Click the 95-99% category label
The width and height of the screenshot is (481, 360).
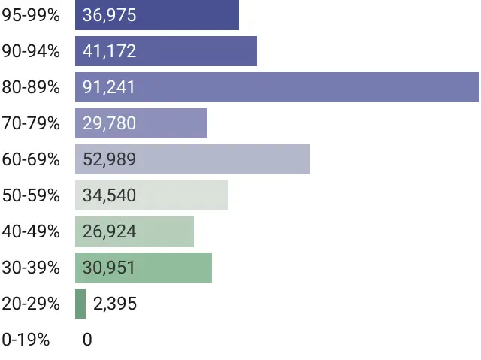pyautogui.click(x=31, y=15)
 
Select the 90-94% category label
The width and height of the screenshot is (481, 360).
pyautogui.click(x=31, y=51)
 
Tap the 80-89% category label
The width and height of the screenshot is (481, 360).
pyautogui.click(x=31, y=87)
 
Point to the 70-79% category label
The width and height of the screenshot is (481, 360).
pyautogui.click(x=31, y=123)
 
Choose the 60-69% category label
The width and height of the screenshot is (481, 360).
pyautogui.click(x=31, y=159)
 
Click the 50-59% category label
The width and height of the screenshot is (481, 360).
pyautogui.click(x=31, y=195)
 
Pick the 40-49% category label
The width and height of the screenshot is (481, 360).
pyautogui.click(x=31, y=231)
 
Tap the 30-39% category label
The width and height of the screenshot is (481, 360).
pyautogui.click(x=31, y=268)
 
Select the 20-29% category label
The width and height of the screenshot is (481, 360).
pyautogui.click(x=31, y=304)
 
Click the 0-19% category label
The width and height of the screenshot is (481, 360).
pyautogui.click(x=26, y=340)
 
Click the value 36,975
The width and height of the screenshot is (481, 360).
pyautogui.click(x=110, y=15)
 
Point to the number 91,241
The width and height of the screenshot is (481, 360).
pyautogui.click(x=110, y=87)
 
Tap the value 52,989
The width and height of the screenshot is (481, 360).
pyautogui.click(x=110, y=159)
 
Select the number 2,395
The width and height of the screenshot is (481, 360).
pyautogui.click(x=115, y=304)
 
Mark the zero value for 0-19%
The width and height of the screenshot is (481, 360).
pyautogui.click(x=87, y=340)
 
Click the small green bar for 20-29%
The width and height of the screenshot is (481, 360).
pyautogui.click(x=80, y=304)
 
